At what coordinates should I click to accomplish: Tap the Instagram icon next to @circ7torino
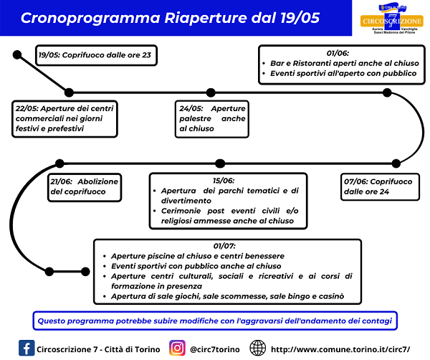(x=176, y=347)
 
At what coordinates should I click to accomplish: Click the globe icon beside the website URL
(x=258, y=347)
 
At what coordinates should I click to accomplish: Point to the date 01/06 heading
(x=339, y=53)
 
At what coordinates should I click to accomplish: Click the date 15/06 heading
(x=223, y=181)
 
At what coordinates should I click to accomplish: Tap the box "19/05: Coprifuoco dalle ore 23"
(x=95, y=54)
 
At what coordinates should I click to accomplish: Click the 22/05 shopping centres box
(x=66, y=118)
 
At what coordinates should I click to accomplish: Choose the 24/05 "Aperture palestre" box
(x=212, y=118)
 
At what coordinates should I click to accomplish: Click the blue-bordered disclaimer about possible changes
(x=215, y=318)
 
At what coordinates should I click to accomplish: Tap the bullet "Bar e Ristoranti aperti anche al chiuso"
(x=340, y=63)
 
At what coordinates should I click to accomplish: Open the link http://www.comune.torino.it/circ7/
(x=340, y=348)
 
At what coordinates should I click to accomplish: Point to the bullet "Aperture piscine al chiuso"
(x=198, y=256)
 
